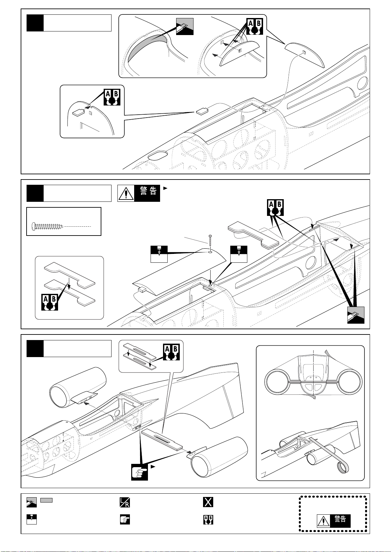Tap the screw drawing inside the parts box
(x=48, y=226)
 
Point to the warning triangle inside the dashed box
(x=323, y=521)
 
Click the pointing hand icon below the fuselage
(x=139, y=472)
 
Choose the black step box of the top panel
(x=35, y=23)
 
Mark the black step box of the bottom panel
(x=35, y=349)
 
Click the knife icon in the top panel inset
(x=185, y=27)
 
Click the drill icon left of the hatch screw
(x=159, y=254)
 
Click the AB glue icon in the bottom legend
(x=208, y=520)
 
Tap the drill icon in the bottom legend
(x=31, y=520)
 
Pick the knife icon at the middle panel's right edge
(x=356, y=315)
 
